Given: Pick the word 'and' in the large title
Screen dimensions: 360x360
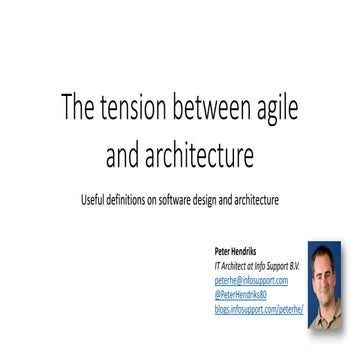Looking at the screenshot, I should pyautogui.click(x=125, y=156).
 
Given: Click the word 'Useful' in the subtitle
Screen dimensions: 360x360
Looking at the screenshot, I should pyautogui.click(x=94, y=199).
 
